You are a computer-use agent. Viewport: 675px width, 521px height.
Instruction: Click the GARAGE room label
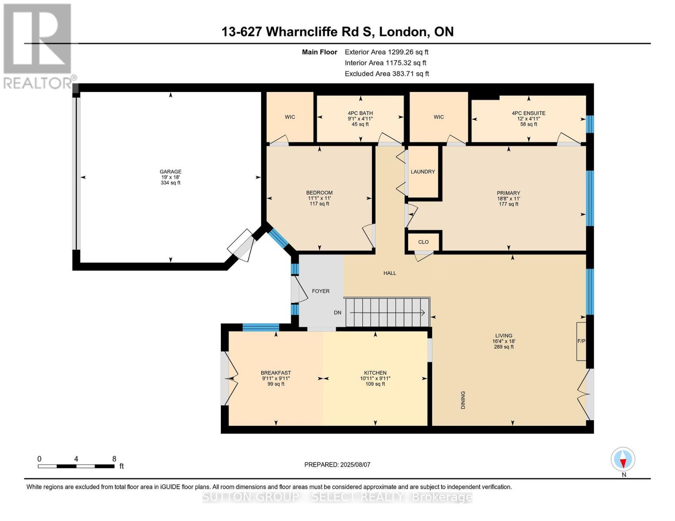pos(170,171)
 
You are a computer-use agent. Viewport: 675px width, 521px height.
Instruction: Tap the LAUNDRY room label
pos(422,171)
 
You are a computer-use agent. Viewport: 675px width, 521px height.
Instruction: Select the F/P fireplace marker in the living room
pos(581,341)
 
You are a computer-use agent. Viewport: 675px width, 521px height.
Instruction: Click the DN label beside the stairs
pos(338,313)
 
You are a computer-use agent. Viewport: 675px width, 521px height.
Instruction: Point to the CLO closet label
pos(423,242)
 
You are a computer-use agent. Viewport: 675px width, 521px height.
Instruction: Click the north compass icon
pos(623,459)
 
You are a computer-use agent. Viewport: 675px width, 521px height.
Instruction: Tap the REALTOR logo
pos(37,46)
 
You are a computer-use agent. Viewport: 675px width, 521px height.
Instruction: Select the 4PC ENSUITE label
pos(528,113)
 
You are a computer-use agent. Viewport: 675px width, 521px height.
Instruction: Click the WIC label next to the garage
pos(290,117)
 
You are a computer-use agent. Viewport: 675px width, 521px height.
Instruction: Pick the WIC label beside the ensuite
pos(439,117)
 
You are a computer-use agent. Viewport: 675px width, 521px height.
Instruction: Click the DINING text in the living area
pos(463,400)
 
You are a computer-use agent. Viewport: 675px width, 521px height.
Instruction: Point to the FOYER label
pos(321,291)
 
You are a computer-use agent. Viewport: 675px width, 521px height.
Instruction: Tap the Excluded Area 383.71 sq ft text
pos(387,74)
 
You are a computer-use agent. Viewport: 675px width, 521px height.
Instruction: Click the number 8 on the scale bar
pos(114,459)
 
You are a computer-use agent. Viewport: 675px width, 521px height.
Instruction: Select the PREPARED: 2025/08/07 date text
pos(337,465)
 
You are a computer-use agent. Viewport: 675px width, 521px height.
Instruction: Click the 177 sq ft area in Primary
pos(509,204)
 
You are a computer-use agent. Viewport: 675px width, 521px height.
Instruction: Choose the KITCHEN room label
pos(375,373)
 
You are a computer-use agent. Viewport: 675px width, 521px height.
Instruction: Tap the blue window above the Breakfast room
pos(261,327)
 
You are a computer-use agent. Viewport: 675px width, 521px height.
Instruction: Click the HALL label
pos(389,273)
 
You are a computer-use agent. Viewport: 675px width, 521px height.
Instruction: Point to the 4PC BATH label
pos(360,113)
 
